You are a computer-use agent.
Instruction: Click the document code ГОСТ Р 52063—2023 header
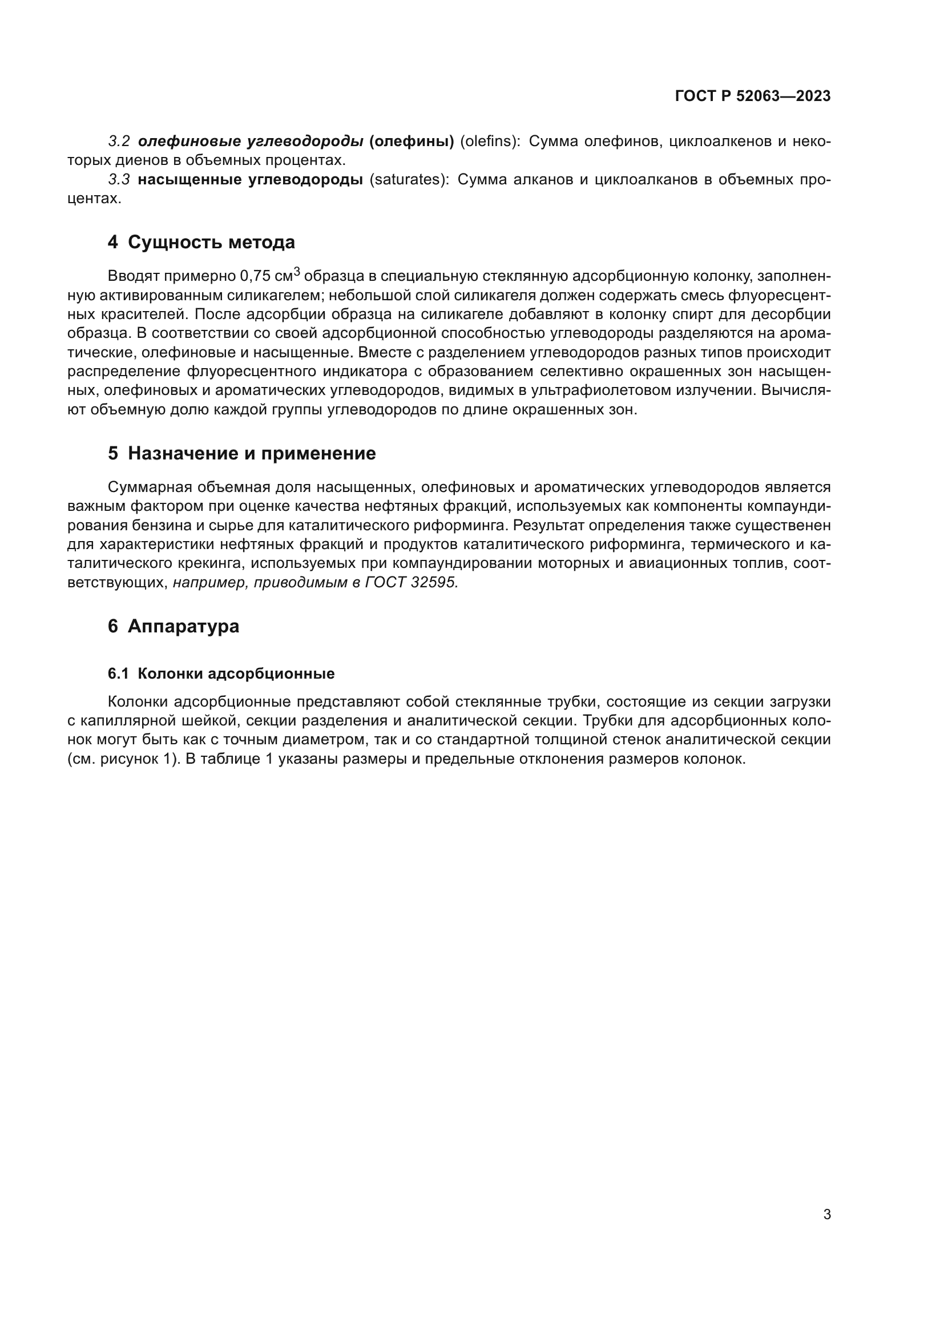pos(753,96)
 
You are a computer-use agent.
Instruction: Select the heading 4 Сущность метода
pos(201,242)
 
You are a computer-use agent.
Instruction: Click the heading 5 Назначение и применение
pos(242,453)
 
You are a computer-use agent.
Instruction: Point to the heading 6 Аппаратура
pos(174,626)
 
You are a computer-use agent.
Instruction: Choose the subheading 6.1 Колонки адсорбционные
pos(221,673)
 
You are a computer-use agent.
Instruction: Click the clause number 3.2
pos(119,142)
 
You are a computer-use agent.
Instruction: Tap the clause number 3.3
pos(119,180)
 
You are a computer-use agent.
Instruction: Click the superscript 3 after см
pos(297,271)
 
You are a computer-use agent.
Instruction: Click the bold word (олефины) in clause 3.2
pos(412,142)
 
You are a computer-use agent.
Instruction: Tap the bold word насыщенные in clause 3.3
pos(187,180)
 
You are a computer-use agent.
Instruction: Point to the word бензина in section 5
pos(138,525)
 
